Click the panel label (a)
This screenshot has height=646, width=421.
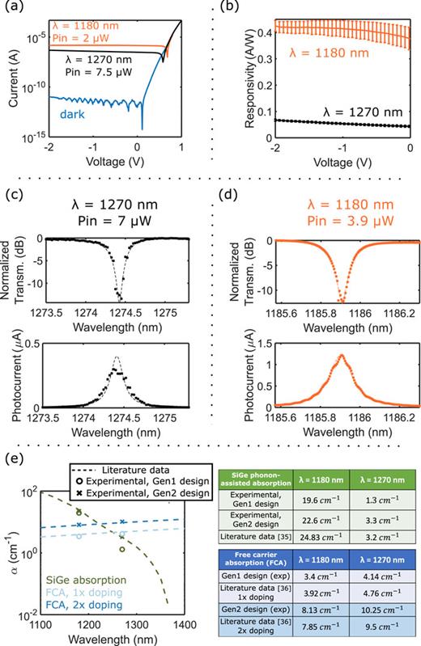(x=11, y=9)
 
